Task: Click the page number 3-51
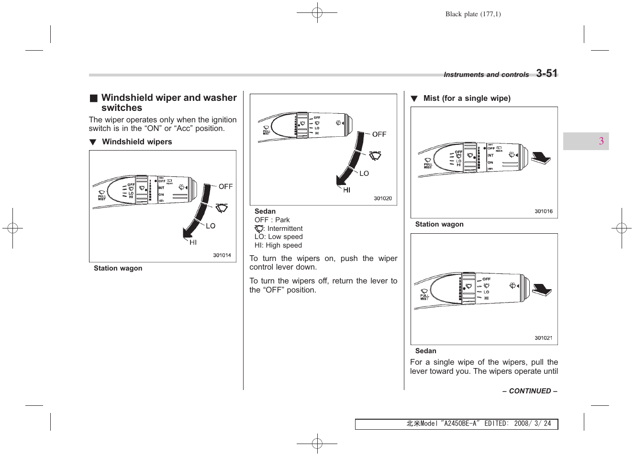click(x=546, y=73)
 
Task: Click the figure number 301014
click(x=222, y=255)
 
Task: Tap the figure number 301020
click(x=383, y=198)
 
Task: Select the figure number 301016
click(x=544, y=211)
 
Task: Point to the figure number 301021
click(x=544, y=338)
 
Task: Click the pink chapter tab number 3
click(x=601, y=141)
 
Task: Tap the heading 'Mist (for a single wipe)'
click(x=467, y=98)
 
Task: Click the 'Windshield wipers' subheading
click(x=137, y=142)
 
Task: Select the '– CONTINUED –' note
click(x=530, y=391)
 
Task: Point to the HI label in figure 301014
click(x=193, y=242)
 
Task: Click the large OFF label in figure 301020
click(x=379, y=134)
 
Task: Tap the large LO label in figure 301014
click(x=211, y=226)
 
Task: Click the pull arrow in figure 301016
click(x=541, y=158)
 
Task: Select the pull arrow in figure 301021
click(x=542, y=290)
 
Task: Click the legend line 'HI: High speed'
click(x=278, y=245)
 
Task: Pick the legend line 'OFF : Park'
click(x=272, y=220)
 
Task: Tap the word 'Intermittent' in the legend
click(x=285, y=228)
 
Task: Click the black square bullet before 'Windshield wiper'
click(x=94, y=98)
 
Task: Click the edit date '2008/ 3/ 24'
click(x=532, y=423)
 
